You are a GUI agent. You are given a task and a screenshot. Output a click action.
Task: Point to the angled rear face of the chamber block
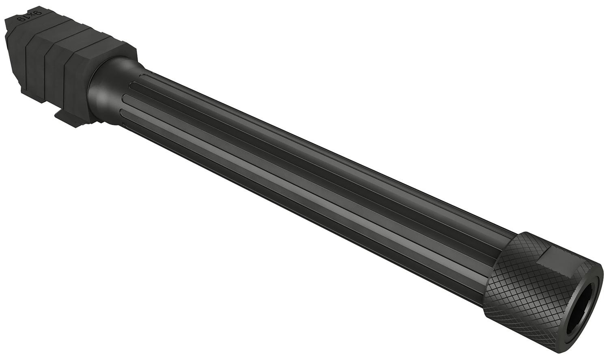[x=12, y=61]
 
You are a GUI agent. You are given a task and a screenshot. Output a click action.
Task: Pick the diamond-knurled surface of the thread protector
[x=516, y=276]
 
